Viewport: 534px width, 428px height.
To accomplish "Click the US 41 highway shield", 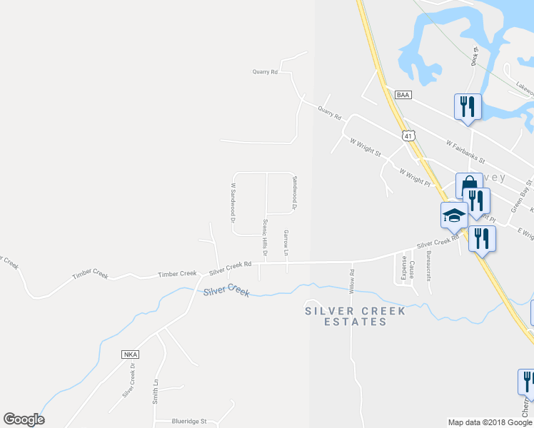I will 408,135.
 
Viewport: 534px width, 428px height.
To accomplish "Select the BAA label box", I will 404,94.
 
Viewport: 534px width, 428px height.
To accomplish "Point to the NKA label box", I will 129,355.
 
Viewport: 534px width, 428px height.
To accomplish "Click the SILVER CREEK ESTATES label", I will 355,316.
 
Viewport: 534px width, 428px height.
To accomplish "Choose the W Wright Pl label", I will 415,173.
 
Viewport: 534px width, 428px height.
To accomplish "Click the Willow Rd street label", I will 352,278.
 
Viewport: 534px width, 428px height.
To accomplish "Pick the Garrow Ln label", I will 286,243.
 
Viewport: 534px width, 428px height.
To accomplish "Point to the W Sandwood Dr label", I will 233,203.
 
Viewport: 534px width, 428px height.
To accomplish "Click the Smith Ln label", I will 155,392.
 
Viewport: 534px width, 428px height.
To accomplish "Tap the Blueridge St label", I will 188,422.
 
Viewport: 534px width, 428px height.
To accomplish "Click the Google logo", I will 24,419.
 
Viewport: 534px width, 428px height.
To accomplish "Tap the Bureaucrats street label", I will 428,266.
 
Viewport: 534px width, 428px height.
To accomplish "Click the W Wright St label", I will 366,148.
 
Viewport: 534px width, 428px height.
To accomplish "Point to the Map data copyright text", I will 490,422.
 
